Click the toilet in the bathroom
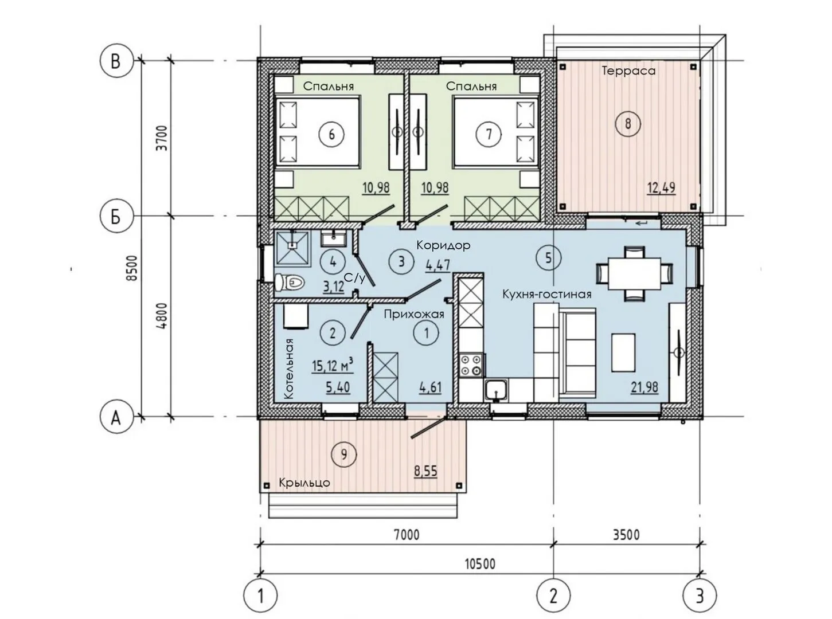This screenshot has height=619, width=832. tap(290, 282)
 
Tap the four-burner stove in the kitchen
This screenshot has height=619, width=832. tap(471, 365)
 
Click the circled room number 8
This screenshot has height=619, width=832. tap(628, 123)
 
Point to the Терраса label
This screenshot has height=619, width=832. tap(628, 71)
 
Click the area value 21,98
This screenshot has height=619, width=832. tap(644, 387)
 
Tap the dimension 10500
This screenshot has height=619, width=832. tap(480, 563)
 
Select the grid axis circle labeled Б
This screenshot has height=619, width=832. tap(116, 216)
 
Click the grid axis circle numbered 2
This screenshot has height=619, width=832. tap(554, 596)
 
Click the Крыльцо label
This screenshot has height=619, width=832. tap(304, 483)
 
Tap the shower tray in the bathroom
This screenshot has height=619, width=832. tap(292, 248)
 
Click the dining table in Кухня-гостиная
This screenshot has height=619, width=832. tap(634, 273)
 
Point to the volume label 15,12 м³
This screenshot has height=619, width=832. tap(333, 365)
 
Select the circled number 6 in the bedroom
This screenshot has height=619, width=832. tap(331, 134)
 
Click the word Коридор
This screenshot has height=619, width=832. tap(443, 245)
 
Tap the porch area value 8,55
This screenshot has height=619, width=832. tap(426, 471)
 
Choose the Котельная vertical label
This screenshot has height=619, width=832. tap(288, 369)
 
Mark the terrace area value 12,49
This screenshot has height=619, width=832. tap(661, 187)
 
